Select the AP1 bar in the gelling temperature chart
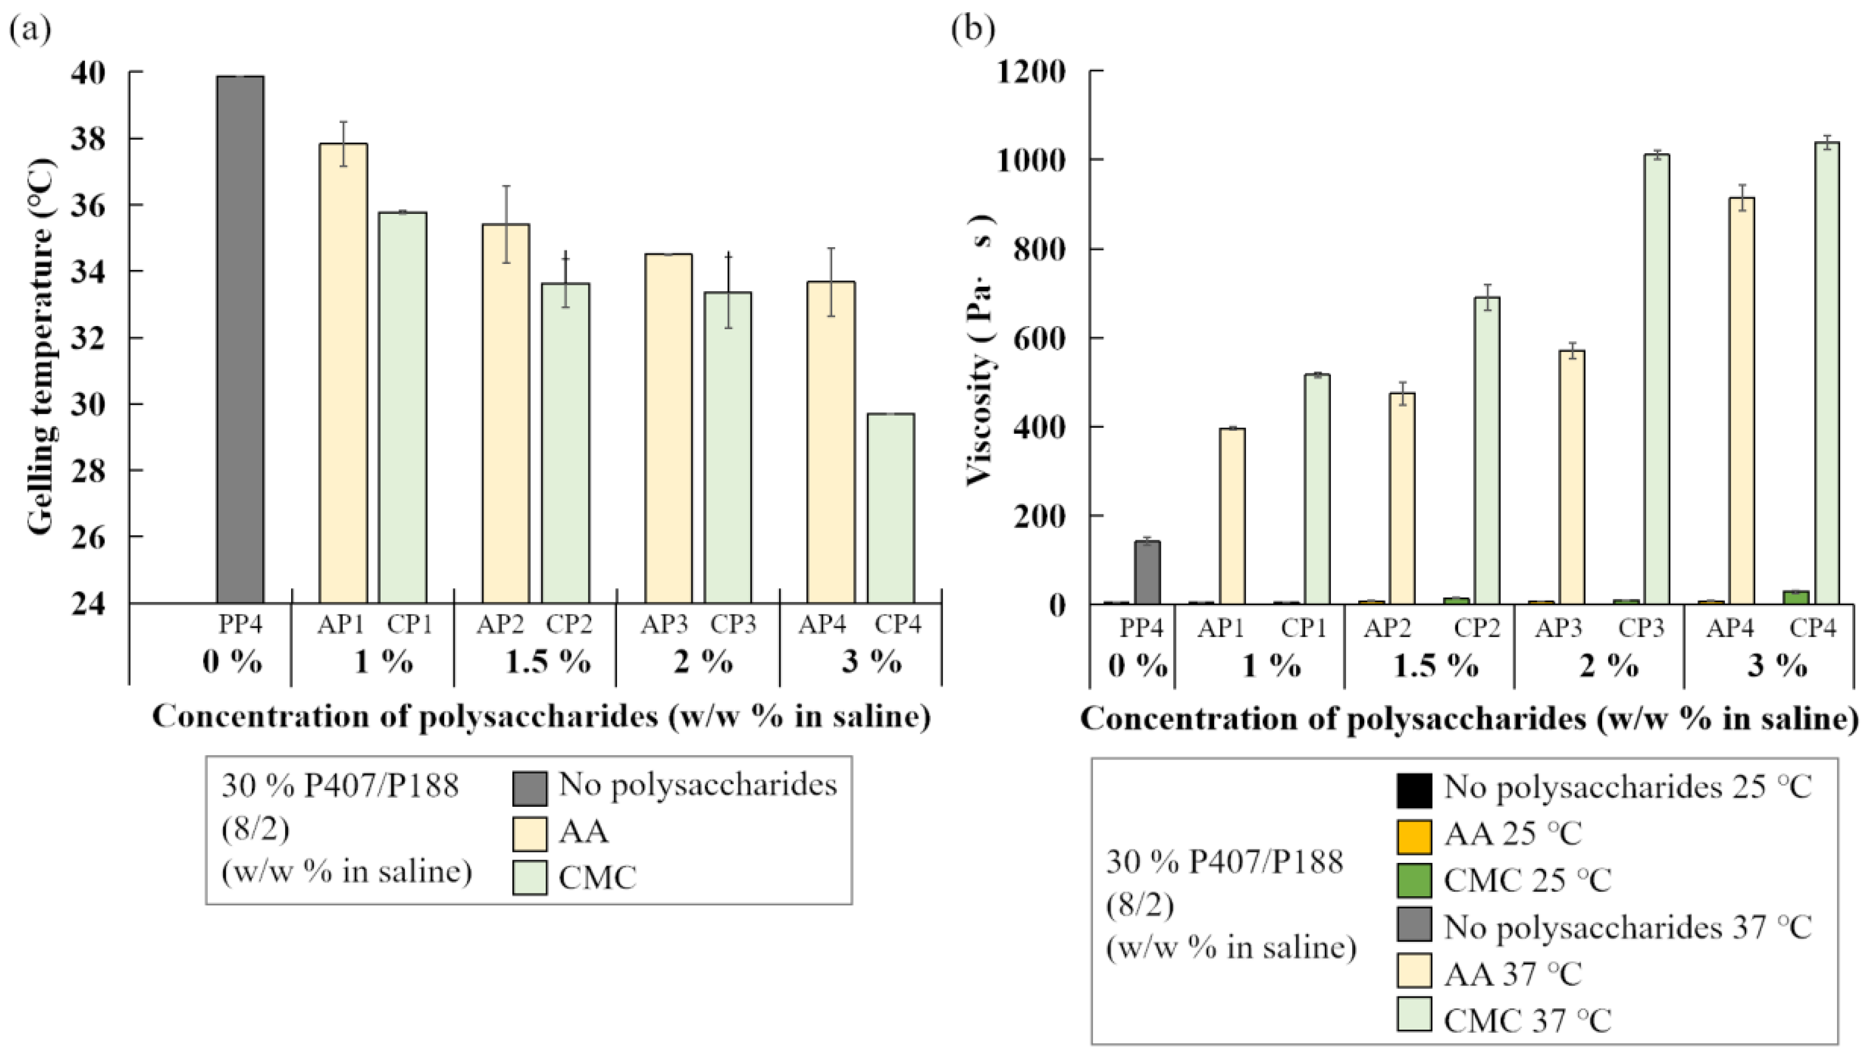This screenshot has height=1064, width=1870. (x=343, y=373)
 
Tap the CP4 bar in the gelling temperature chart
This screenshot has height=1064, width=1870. (x=891, y=508)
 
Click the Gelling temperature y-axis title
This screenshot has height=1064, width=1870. (x=41, y=347)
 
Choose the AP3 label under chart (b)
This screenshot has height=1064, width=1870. (x=1558, y=628)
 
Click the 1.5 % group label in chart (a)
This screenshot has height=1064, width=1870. (x=548, y=663)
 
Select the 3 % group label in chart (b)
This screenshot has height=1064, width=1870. (x=1777, y=666)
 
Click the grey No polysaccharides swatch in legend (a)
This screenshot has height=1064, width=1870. (x=529, y=788)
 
